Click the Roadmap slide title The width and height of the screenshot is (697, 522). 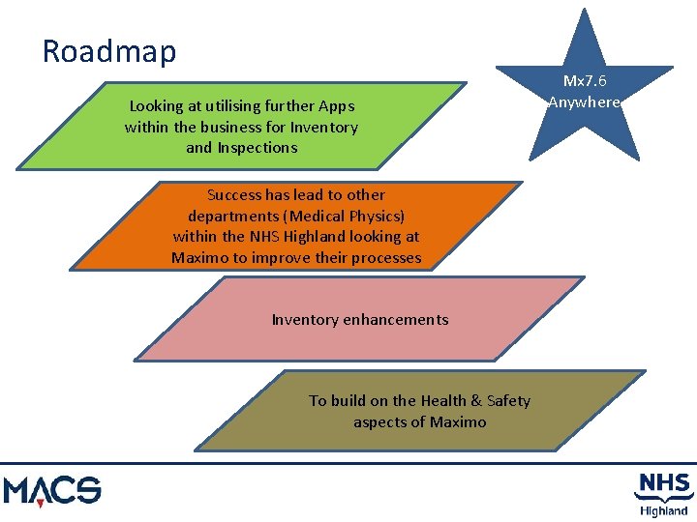[x=109, y=50]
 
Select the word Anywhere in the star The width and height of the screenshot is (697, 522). [x=584, y=102]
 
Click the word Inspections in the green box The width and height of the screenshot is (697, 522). [x=257, y=148]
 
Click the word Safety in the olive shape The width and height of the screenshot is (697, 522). [x=508, y=400]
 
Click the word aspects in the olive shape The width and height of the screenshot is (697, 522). [x=379, y=421]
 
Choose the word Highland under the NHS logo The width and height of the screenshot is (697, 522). [x=663, y=510]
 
